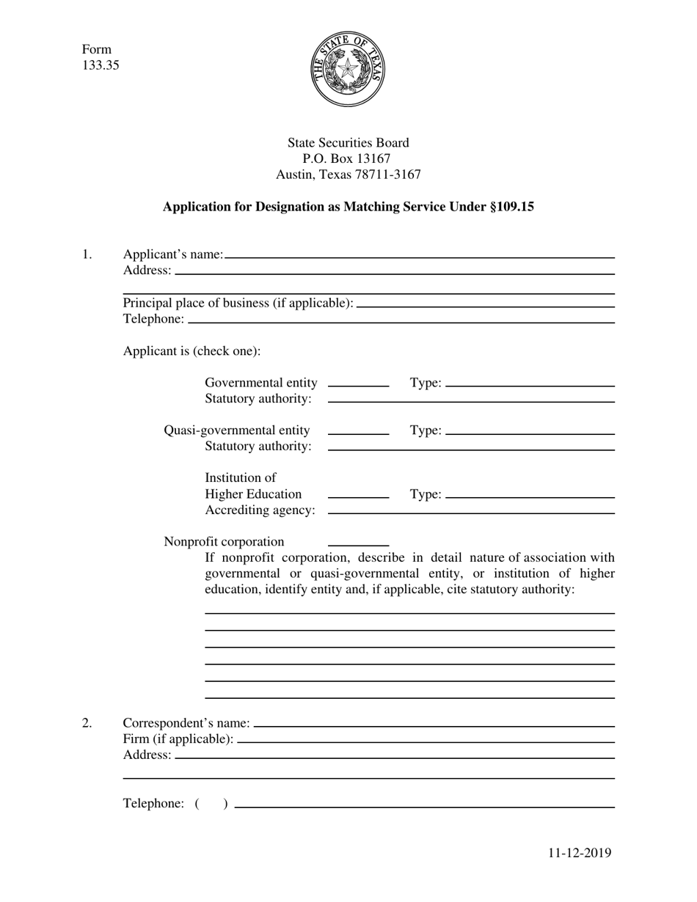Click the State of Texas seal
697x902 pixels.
[348, 70]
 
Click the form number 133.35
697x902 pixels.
[101, 65]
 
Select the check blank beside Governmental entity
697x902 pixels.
[358, 382]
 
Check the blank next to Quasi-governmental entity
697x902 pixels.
[358, 430]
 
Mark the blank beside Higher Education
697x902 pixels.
[358, 494]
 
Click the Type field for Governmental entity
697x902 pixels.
[530, 382]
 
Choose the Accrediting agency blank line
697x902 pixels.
[470, 510]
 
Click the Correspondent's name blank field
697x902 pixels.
[434, 722]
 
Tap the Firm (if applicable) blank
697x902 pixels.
[426, 738]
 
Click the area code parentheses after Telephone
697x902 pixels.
[211, 804]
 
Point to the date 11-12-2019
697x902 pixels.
[579, 852]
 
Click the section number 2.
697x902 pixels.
[87, 724]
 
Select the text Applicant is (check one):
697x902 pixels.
[191, 351]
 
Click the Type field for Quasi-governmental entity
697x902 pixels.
[530, 430]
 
